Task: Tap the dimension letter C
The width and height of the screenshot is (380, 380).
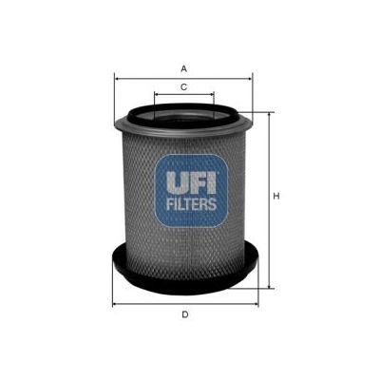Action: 182,86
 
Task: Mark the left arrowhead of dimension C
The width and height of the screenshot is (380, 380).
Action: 154,95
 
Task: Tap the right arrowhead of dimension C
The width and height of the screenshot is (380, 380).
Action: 213,95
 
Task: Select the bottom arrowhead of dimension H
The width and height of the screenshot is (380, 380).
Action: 267,284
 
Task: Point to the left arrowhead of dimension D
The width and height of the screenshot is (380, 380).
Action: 115,303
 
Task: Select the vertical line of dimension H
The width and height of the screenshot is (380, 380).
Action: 267,228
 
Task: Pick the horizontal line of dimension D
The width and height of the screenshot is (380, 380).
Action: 152,303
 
